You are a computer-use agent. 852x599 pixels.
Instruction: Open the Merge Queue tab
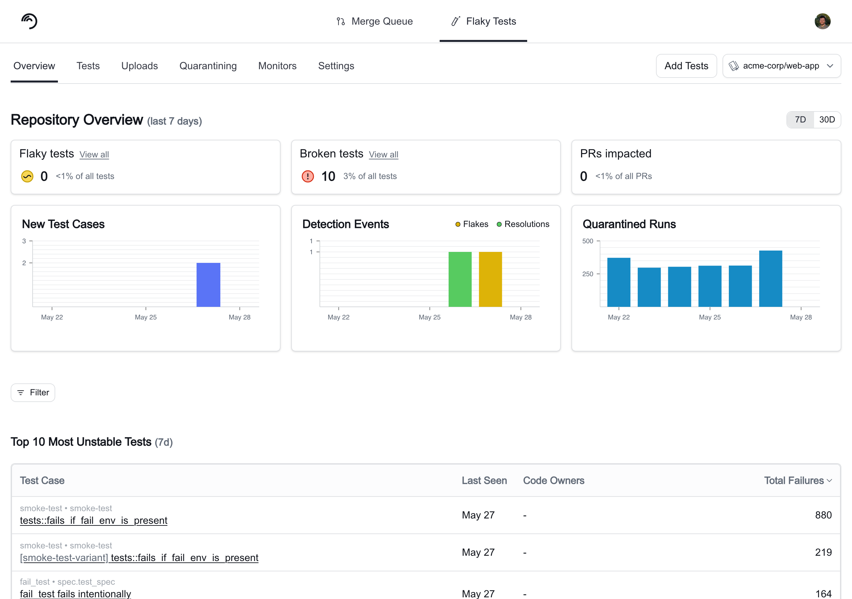[374, 21]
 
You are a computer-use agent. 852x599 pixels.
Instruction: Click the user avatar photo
[822, 21]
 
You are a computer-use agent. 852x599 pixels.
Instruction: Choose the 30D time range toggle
[827, 119]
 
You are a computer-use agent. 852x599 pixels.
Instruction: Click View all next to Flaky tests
[94, 154]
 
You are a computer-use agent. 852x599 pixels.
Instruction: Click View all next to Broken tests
[383, 154]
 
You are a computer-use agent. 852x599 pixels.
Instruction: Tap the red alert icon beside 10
[308, 176]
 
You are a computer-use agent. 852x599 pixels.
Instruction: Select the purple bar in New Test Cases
[208, 285]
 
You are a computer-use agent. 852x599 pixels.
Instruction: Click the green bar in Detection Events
[460, 279]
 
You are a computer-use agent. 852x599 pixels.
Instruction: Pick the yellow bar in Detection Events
[490, 279]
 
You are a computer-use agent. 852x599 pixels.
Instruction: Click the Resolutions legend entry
[523, 224]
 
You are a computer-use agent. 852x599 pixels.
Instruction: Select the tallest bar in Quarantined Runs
[770, 278]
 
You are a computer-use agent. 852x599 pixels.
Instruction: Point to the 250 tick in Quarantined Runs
[588, 274]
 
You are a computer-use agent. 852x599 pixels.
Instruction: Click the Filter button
[33, 392]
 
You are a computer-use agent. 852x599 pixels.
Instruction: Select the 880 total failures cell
[823, 515]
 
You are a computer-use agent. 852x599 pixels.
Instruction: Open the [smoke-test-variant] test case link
[139, 557]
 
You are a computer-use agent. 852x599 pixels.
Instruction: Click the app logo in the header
[29, 21]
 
